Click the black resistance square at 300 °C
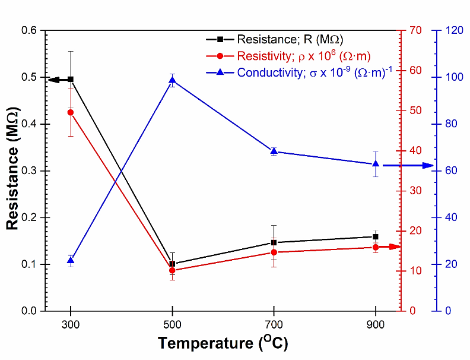click(71, 79)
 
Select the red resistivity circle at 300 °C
click(71, 112)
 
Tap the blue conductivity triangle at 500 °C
click(172, 80)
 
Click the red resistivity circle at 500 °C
click(172, 270)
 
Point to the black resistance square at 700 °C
click(274, 242)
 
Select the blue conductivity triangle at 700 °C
click(274, 151)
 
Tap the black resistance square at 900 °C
click(376, 236)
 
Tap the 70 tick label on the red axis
click(413, 30)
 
